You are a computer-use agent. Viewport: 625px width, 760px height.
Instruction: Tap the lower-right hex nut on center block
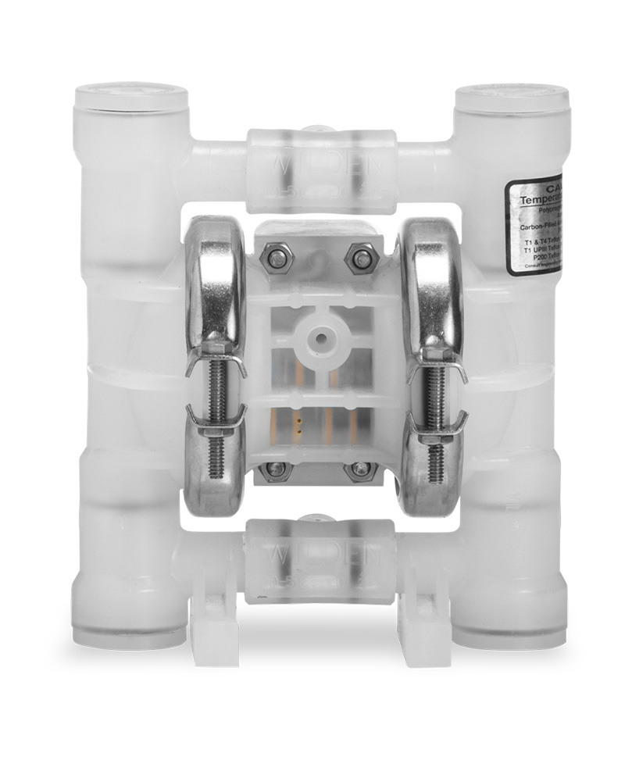(360, 469)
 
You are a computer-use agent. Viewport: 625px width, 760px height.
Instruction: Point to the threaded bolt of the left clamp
(215, 406)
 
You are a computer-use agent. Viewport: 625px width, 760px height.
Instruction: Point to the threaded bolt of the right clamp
(434, 406)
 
